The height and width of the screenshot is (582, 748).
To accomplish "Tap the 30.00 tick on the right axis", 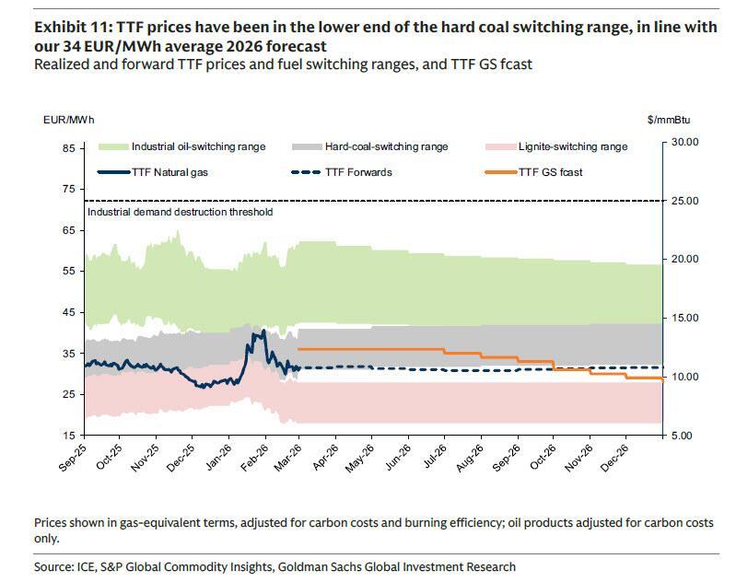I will tap(687, 142).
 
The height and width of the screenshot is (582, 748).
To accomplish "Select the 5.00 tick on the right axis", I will tap(684, 435).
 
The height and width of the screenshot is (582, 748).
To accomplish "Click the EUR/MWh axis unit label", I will tap(68, 120).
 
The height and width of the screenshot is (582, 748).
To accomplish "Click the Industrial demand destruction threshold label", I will tap(180, 212).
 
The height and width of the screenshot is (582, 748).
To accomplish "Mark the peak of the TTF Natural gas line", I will tap(264, 331).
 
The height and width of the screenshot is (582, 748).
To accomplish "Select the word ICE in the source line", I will tap(68, 566).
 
